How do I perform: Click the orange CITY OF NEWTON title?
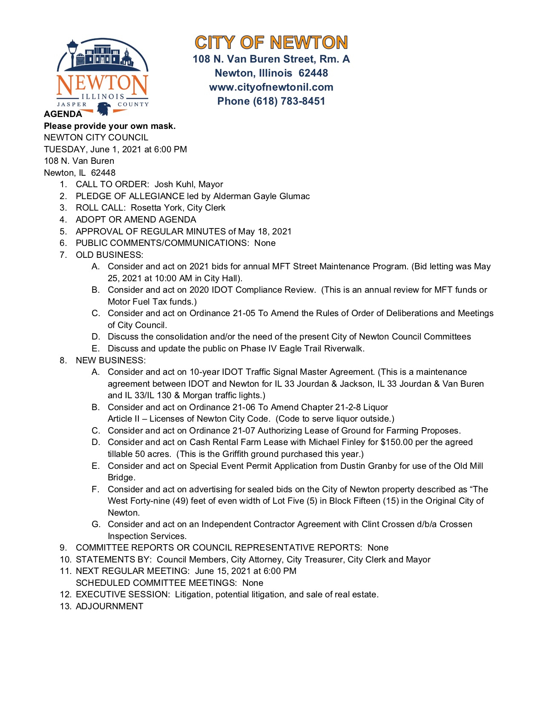pyautogui.click(x=271, y=43)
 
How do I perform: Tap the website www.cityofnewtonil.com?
pyautogui.click(x=271, y=87)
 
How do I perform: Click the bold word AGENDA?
pyautogui.click(x=63, y=114)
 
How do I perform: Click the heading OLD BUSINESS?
pyautogui.click(x=109, y=255)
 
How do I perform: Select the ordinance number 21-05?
pyautogui.click(x=244, y=313)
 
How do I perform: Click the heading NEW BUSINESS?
pyautogui.click(x=110, y=360)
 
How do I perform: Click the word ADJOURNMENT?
pyautogui.click(x=109, y=606)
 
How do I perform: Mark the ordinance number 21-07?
pyautogui.click(x=244, y=431)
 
